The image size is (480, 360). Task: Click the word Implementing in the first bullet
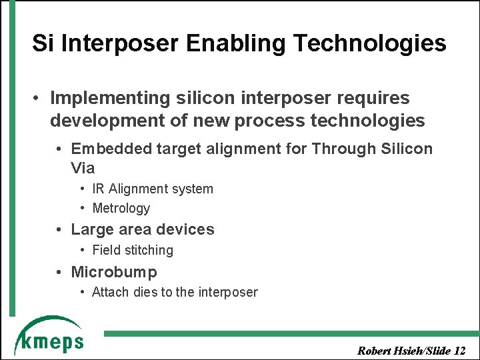point(111,98)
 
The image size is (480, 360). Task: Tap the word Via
point(83,167)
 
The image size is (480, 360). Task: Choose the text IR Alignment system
point(153,189)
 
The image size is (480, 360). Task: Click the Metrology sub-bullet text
point(121,208)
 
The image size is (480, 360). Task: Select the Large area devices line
point(143,229)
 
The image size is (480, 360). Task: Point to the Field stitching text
point(133,251)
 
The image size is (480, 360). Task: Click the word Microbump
point(114,272)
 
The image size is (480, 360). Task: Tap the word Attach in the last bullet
point(109,292)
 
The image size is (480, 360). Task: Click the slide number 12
point(459,351)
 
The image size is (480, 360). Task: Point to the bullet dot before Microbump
point(59,272)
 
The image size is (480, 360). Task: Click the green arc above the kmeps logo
point(47,323)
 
